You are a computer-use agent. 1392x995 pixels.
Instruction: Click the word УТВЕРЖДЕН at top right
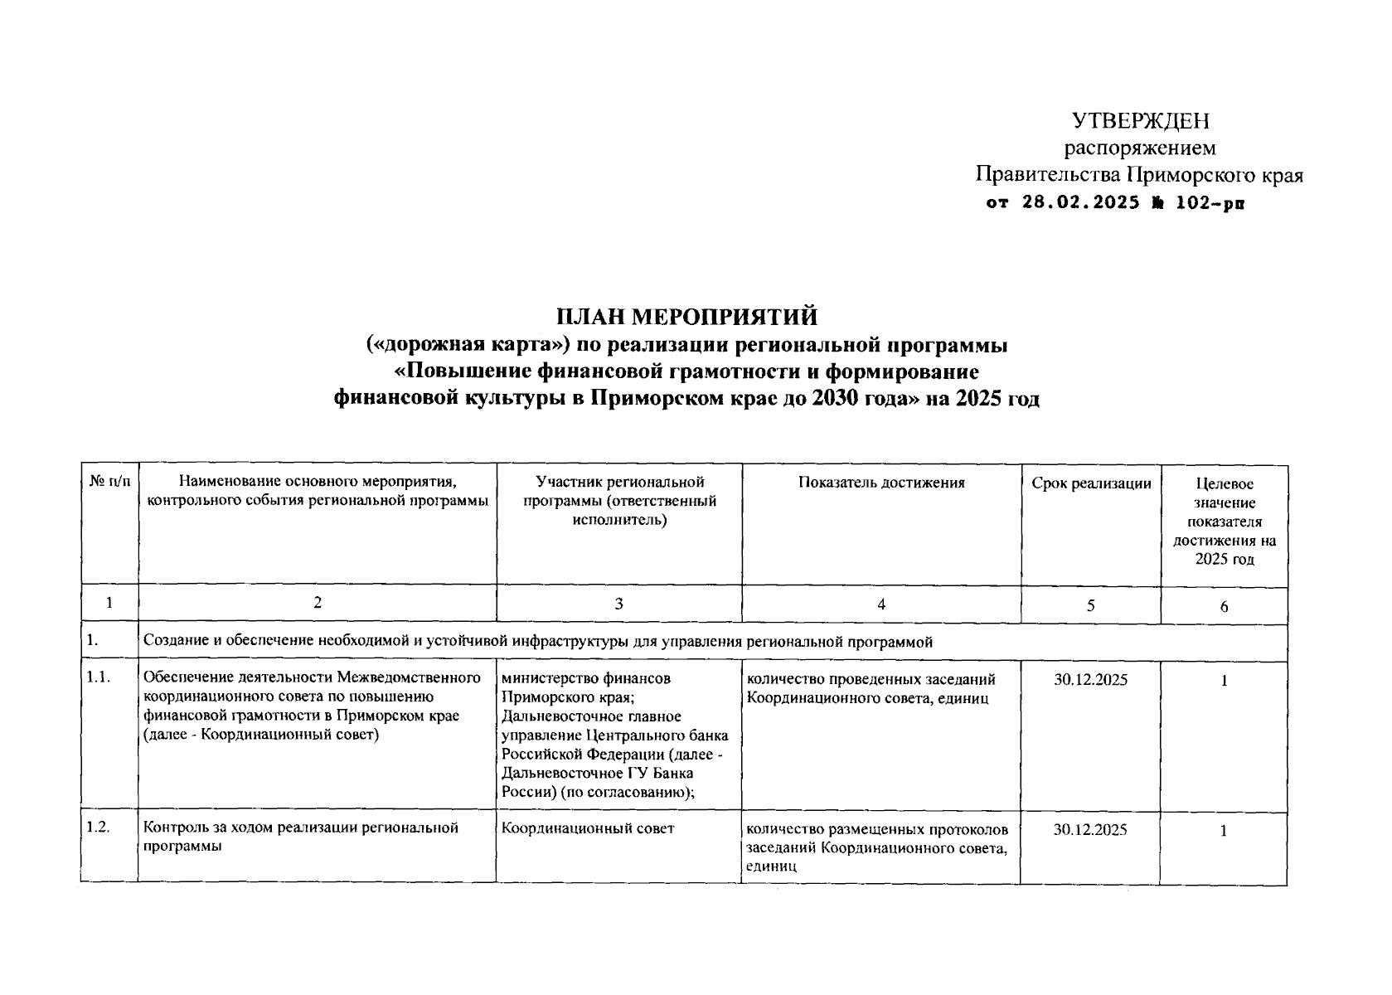tap(1140, 121)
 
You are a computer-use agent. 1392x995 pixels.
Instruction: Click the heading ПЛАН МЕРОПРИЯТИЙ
tap(686, 317)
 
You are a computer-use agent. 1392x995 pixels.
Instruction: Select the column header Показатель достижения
tap(881, 483)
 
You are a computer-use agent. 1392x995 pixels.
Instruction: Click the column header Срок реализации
tap(1091, 483)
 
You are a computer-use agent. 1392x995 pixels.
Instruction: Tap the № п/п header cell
tap(109, 482)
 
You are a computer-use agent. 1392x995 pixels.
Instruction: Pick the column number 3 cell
tap(618, 604)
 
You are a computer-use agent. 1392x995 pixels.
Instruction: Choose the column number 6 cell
tap(1224, 606)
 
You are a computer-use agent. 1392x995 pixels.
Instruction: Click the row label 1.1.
tap(98, 678)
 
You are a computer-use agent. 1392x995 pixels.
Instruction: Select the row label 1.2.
tap(98, 828)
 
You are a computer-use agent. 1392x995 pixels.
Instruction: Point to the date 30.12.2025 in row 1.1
tap(1090, 680)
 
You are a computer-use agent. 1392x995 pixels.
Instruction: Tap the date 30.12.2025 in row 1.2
tap(1090, 830)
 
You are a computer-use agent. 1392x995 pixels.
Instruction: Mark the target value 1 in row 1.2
tap(1224, 831)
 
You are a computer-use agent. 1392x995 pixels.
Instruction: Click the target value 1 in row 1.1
tap(1224, 681)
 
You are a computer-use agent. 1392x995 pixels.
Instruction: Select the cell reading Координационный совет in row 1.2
tap(588, 828)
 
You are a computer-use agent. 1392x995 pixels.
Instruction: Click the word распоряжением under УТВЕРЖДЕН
tap(1140, 148)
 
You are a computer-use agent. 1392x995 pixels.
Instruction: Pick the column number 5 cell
tap(1090, 606)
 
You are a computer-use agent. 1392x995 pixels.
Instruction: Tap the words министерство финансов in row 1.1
tap(586, 679)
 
